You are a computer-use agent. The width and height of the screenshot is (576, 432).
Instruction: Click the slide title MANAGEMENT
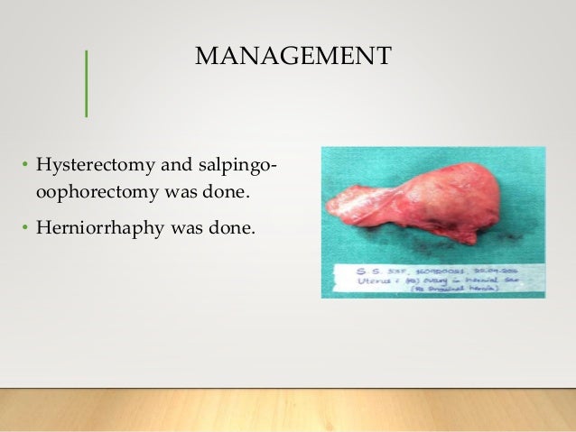293,57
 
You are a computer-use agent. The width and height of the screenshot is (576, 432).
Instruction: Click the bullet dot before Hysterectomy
25,167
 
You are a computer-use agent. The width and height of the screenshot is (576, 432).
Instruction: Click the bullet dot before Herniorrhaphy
25,227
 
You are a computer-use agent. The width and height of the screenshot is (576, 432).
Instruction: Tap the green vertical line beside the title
86,83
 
